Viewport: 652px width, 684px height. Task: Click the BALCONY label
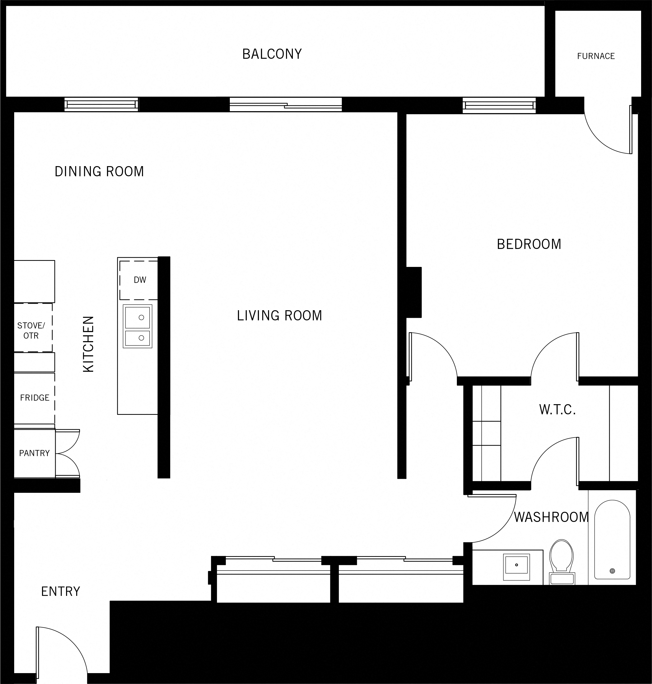click(272, 54)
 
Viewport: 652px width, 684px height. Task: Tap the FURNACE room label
click(596, 56)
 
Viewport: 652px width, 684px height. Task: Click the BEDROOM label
click(529, 244)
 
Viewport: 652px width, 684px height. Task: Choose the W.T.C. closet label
click(557, 410)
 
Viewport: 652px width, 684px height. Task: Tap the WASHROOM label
click(551, 517)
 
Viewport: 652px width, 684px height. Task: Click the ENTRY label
click(60, 591)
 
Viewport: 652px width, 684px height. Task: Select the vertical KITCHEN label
click(89, 344)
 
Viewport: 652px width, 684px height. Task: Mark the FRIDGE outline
click(34, 398)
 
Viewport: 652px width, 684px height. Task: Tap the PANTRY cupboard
click(34, 453)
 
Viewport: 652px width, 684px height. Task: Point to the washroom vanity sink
click(516, 565)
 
